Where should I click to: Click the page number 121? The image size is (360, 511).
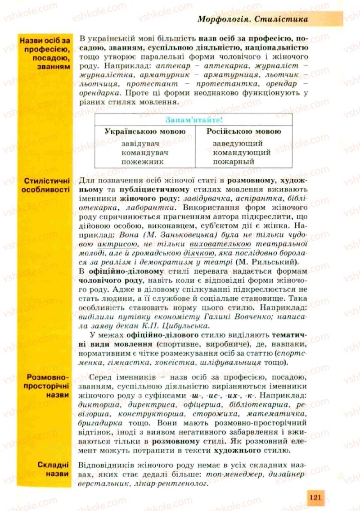coord(315,497)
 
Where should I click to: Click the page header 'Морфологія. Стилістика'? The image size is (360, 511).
coord(253,19)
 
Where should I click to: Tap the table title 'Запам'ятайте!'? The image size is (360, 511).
coord(194,120)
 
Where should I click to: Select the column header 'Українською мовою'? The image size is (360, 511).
coord(145,131)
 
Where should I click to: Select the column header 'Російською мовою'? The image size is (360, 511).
coord(243,131)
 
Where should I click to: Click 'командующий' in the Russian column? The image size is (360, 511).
coord(242,153)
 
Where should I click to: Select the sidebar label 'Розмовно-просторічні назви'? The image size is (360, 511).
coord(47,385)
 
